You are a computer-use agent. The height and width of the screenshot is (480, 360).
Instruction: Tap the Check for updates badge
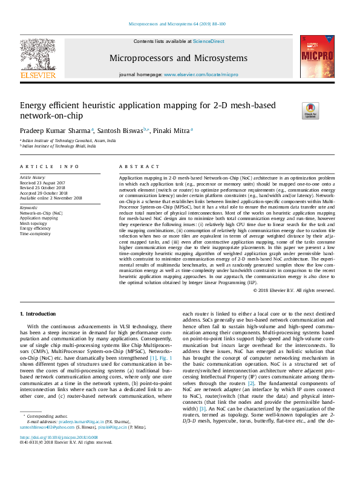coord(310,110)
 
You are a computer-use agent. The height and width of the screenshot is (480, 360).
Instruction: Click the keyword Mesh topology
coord(33,223)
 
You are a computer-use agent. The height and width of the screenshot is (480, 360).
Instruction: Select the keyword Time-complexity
coord(34,233)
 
